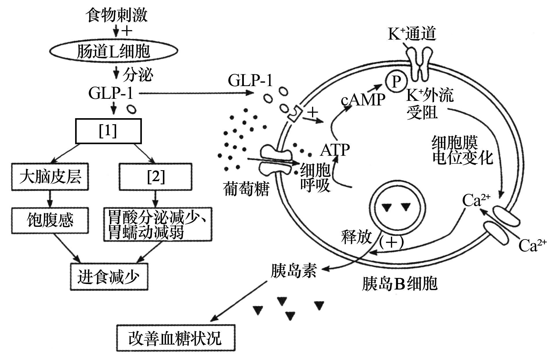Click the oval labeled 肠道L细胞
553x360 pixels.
pyautogui.click(x=113, y=51)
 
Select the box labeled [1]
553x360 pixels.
pyautogui.click(x=108, y=131)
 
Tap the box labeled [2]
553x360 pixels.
pyautogui.click(x=156, y=177)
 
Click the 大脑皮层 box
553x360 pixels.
pyautogui.click(x=50, y=177)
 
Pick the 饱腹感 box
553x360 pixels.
pyautogui.click(x=50, y=220)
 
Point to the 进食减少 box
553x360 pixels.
pyautogui.click(x=109, y=277)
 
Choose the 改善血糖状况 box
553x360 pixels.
pyautogui.click(x=175, y=338)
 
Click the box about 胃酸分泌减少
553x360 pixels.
pyautogui.click(x=158, y=224)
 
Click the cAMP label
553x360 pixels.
pyautogui.click(x=363, y=100)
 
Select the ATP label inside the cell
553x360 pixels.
pyautogui.click(x=335, y=150)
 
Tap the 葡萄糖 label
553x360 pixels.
pyautogui.click(x=246, y=190)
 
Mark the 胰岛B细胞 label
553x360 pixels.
pyautogui.click(x=400, y=283)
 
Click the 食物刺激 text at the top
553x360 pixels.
pyautogui.click(x=116, y=15)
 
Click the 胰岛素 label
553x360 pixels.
pyautogui.click(x=294, y=271)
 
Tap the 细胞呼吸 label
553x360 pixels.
pyautogui.click(x=315, y=177)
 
